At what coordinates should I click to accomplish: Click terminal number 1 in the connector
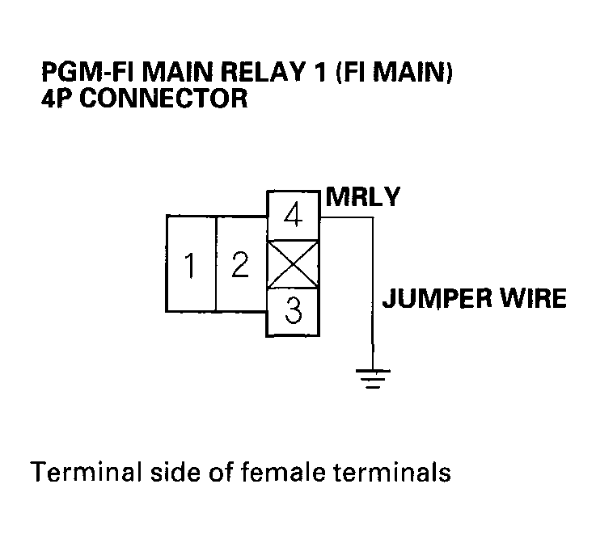pos(191,264)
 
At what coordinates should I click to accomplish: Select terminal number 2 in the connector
pos(240,264)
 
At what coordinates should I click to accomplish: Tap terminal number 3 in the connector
pos(294,312)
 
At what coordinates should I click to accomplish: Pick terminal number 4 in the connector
pos(294,217)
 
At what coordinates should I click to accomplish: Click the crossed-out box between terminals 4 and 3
pos(294,264)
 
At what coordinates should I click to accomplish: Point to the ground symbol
pos(373,377)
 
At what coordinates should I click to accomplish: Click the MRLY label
pos(361,197)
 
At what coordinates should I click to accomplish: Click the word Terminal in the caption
pos(70,472)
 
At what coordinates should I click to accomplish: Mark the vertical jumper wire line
pos(373,291)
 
